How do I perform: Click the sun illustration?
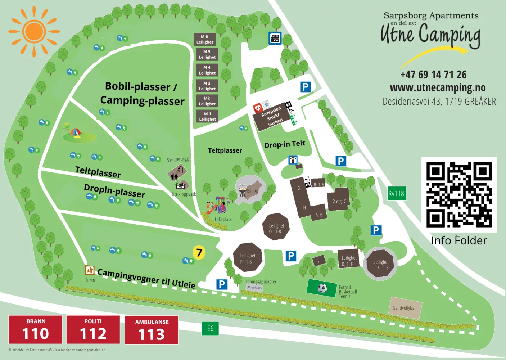tap(34, 32)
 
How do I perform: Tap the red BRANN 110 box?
tap(35, 329)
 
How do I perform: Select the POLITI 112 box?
tap(93, 329)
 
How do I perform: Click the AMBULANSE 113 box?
tap(152, 330)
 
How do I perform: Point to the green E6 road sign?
tap(210, 328)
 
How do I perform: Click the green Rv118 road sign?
tap(396, 194)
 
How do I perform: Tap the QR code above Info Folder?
tap(459, 194)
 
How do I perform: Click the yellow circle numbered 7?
tap(199, 252)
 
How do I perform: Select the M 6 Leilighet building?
tap(204, 39)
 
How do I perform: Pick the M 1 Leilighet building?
tap(208, 116)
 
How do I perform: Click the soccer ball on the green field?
tap(322, 288)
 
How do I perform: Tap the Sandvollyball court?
tap(405, 308)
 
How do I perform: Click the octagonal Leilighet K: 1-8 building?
tap(380, 264)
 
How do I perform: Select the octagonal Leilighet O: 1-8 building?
tap(276, 227)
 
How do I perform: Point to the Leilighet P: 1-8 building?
tap(248, 258)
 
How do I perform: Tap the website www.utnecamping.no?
tap(438, 87)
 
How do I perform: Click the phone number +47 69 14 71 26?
tap(433, 75)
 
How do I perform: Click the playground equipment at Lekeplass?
tap(217, 205)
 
